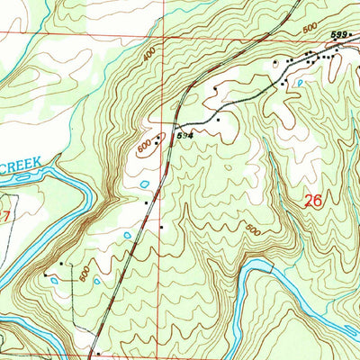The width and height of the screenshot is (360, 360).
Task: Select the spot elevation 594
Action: [184, 135]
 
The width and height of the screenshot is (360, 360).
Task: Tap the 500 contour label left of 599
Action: [309, 29]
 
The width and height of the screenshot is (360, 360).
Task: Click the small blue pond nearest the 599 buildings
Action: [299, 81]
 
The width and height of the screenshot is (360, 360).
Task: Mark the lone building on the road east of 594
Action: [218, 119]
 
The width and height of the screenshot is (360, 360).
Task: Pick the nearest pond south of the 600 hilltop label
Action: [145, 185]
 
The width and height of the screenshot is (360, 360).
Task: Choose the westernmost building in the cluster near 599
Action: [275, 63]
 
